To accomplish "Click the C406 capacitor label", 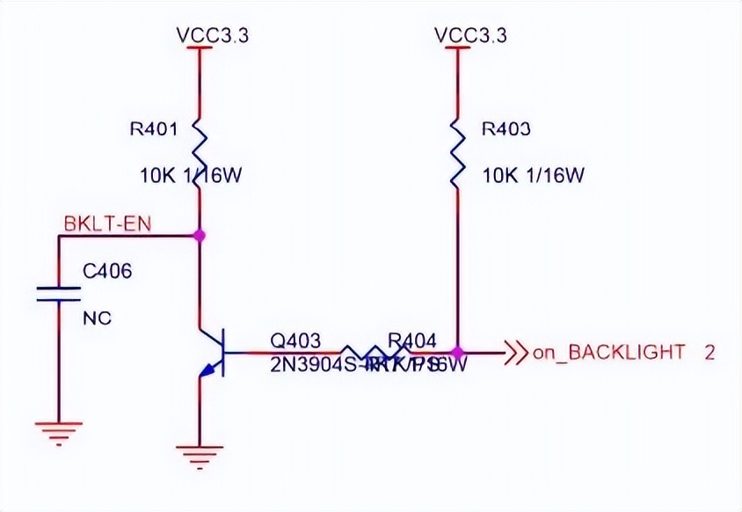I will (x=107, y=272).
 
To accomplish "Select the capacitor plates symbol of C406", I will (x=59, y=293).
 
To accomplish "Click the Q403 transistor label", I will (x=295, y=340).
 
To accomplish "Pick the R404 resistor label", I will (x=412, y=340).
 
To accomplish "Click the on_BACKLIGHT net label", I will (x=607, y=353).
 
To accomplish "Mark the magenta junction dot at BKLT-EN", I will (x=200, y=236).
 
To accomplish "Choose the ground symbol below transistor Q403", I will (x=200, y=454).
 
